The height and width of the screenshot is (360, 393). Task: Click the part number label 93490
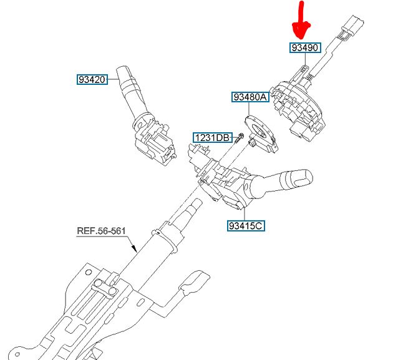[x=305, y=47]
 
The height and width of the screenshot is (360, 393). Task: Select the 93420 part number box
[x=92, y=79]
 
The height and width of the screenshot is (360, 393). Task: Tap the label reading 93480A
[x=250, y=97]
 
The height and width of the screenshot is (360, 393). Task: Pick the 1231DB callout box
[x=213, y=138]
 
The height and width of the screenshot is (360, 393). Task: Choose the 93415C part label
[x=246, y=225]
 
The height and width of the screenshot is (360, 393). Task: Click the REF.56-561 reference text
[x=101, y=231]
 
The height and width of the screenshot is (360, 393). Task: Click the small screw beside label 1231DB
[x=240, y=138]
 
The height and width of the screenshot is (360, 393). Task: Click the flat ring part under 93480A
[x=261, y=133]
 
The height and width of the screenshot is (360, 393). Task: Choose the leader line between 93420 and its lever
[x=113, y=79]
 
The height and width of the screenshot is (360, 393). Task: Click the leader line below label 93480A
[x=249, y=109]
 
